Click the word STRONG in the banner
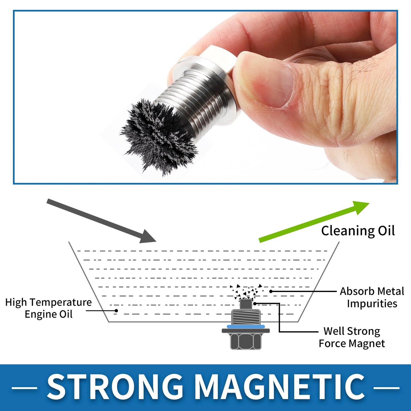[x=115, y=388]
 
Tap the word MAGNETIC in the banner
[x=280, y=388]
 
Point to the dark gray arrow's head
[x=147, y=237]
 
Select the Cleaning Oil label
[x=358, y=231]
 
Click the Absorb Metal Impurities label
[x=372, y=297]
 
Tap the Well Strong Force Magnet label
[x=352, y=337]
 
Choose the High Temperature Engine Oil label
[x=49, y=308]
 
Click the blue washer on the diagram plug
[x=246, y=326]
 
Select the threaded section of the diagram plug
[x=246, y=317]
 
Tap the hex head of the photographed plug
[x=215, y=55]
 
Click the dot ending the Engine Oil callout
[x=116, y=311]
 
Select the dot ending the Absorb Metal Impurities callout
[x=271, y=291]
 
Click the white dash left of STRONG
[x=24, y=388]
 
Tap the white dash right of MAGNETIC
[x=386, y=388]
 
